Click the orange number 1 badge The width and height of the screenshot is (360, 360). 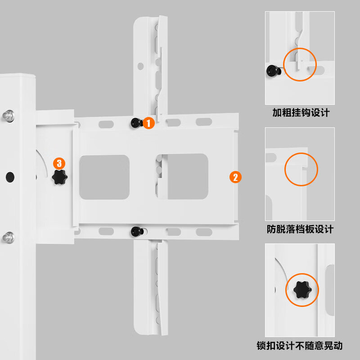(x=148, y=123)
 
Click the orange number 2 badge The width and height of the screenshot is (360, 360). (x=235, y=177)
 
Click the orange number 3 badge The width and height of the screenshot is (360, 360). (x=59, y=164)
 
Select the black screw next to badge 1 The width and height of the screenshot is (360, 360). (x=136, y=122)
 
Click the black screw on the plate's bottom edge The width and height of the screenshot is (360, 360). (x=136, y=231)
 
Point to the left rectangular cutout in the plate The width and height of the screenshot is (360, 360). (x=104, y=177)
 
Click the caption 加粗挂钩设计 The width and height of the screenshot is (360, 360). (x=301, y=112)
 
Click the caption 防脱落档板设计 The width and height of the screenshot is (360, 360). (x=300, y=229)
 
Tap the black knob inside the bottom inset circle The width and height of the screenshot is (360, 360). (x=301, y=290)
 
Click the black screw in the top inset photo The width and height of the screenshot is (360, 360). (x=272, y=71)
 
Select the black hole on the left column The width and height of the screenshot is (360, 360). (x=9, y=177)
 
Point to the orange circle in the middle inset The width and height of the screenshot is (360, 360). (x=301, y=169)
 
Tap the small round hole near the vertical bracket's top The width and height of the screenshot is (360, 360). (x=140, y=66)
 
